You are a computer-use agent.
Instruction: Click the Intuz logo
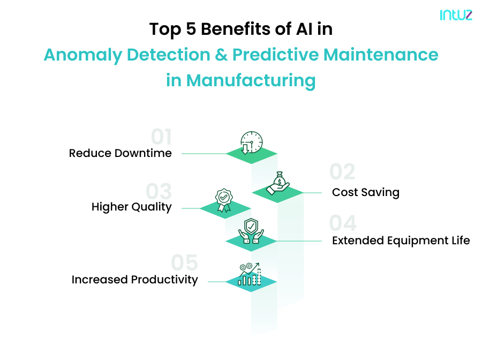point(456,15)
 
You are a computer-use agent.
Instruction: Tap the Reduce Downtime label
point(120,153)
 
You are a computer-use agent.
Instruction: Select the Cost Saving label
point(366,192)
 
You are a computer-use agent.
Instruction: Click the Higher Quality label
point(131,207)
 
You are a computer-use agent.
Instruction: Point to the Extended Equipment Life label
point(401,241)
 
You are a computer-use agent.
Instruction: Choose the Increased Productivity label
point(134,280)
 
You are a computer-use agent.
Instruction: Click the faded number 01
point(161,138)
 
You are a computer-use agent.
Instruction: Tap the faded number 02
point(342,172)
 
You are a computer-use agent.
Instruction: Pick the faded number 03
point(159,191)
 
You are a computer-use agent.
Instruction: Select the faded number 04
point(343,223)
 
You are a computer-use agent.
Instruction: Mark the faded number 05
point(184,263)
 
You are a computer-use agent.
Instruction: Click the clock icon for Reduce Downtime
point(251,143)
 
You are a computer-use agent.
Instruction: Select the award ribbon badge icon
point(224,200)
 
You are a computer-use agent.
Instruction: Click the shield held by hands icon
point(251,231)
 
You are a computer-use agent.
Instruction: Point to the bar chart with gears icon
point(250,274)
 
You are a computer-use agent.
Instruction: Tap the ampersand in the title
point(220,55)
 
